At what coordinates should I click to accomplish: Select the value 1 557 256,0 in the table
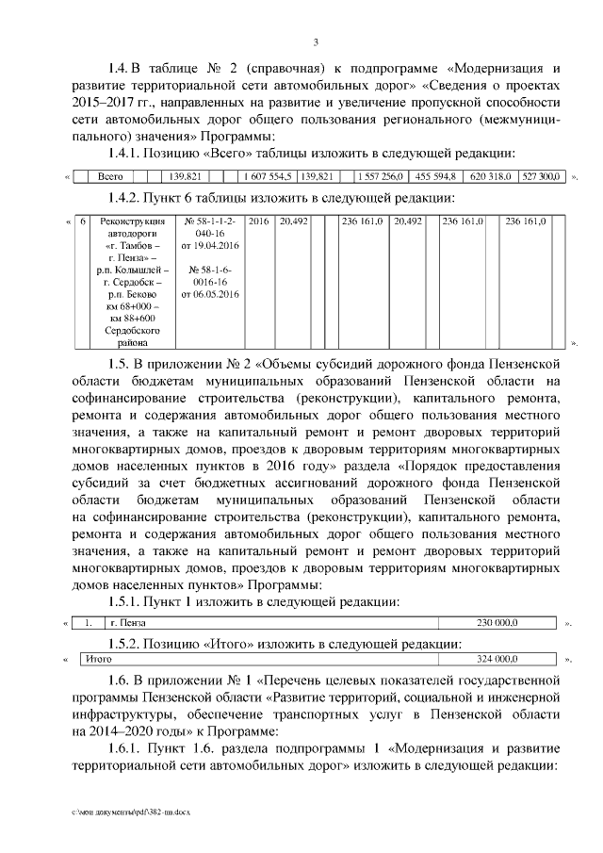pyautogui.click(x=380, y=176)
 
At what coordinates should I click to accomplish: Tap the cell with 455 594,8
pyautogui.click(x=435, y=176)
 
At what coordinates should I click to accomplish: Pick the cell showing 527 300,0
pyautogui.click(x=541, y=176)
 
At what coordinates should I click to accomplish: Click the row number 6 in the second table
pyautogui.click(x=83, y=221)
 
